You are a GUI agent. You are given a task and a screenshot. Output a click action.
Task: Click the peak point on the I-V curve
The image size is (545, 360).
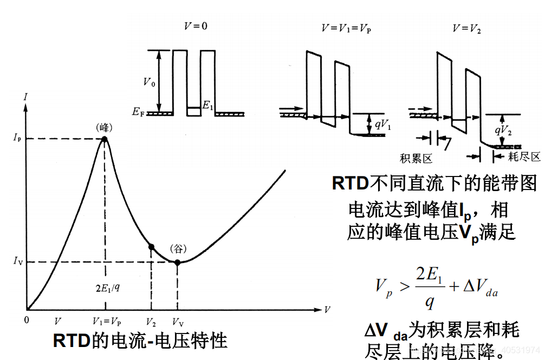(104, 139)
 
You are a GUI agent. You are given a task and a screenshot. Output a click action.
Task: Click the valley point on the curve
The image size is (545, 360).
(177, 262)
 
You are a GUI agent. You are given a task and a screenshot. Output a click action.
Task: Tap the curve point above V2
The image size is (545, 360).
(152, 247)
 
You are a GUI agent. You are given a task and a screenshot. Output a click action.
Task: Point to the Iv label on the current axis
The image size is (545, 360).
(17, 262)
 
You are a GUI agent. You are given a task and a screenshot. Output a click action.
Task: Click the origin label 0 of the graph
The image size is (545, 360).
(27, 319)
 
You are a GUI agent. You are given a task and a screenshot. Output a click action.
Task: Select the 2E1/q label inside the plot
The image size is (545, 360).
(107, 287)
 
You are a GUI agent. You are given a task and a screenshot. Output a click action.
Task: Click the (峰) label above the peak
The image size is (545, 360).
(104, 128)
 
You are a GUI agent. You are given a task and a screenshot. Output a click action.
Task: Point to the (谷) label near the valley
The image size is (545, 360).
(178, 249)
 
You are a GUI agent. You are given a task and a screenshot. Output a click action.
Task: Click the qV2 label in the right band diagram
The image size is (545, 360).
(504, 130)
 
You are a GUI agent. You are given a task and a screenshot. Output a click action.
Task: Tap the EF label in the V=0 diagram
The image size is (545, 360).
(138, 113)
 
